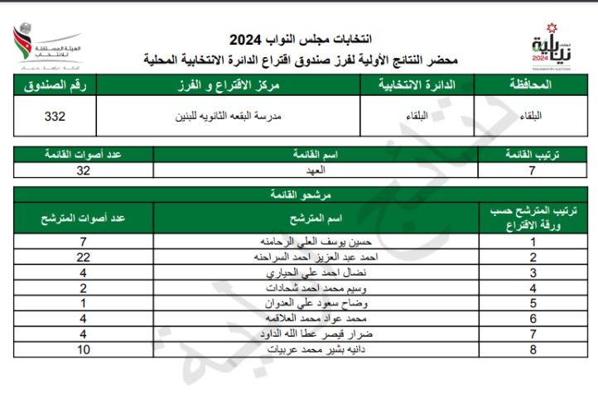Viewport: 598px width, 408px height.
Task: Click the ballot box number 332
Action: [55, 117]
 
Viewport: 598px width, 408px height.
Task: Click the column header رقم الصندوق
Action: [55, 85]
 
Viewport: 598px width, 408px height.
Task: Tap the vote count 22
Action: [83, 257]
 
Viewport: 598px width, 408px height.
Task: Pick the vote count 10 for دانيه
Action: [83, 350]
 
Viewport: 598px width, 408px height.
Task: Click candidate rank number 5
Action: [533, 304]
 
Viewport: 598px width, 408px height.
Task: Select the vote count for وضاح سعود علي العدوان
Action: [83, 304]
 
